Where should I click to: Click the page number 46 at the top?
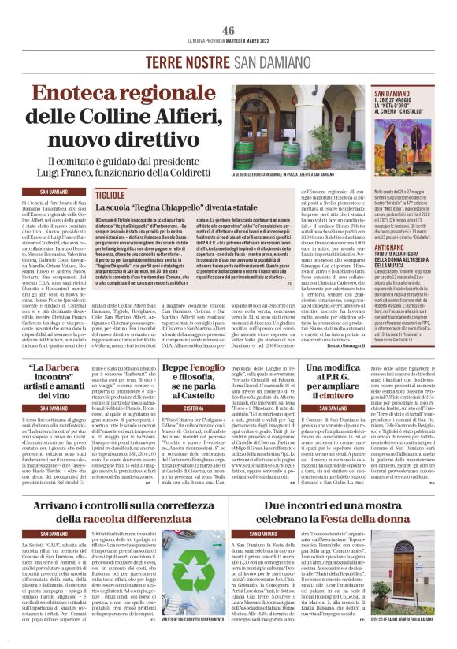(228, 30)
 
